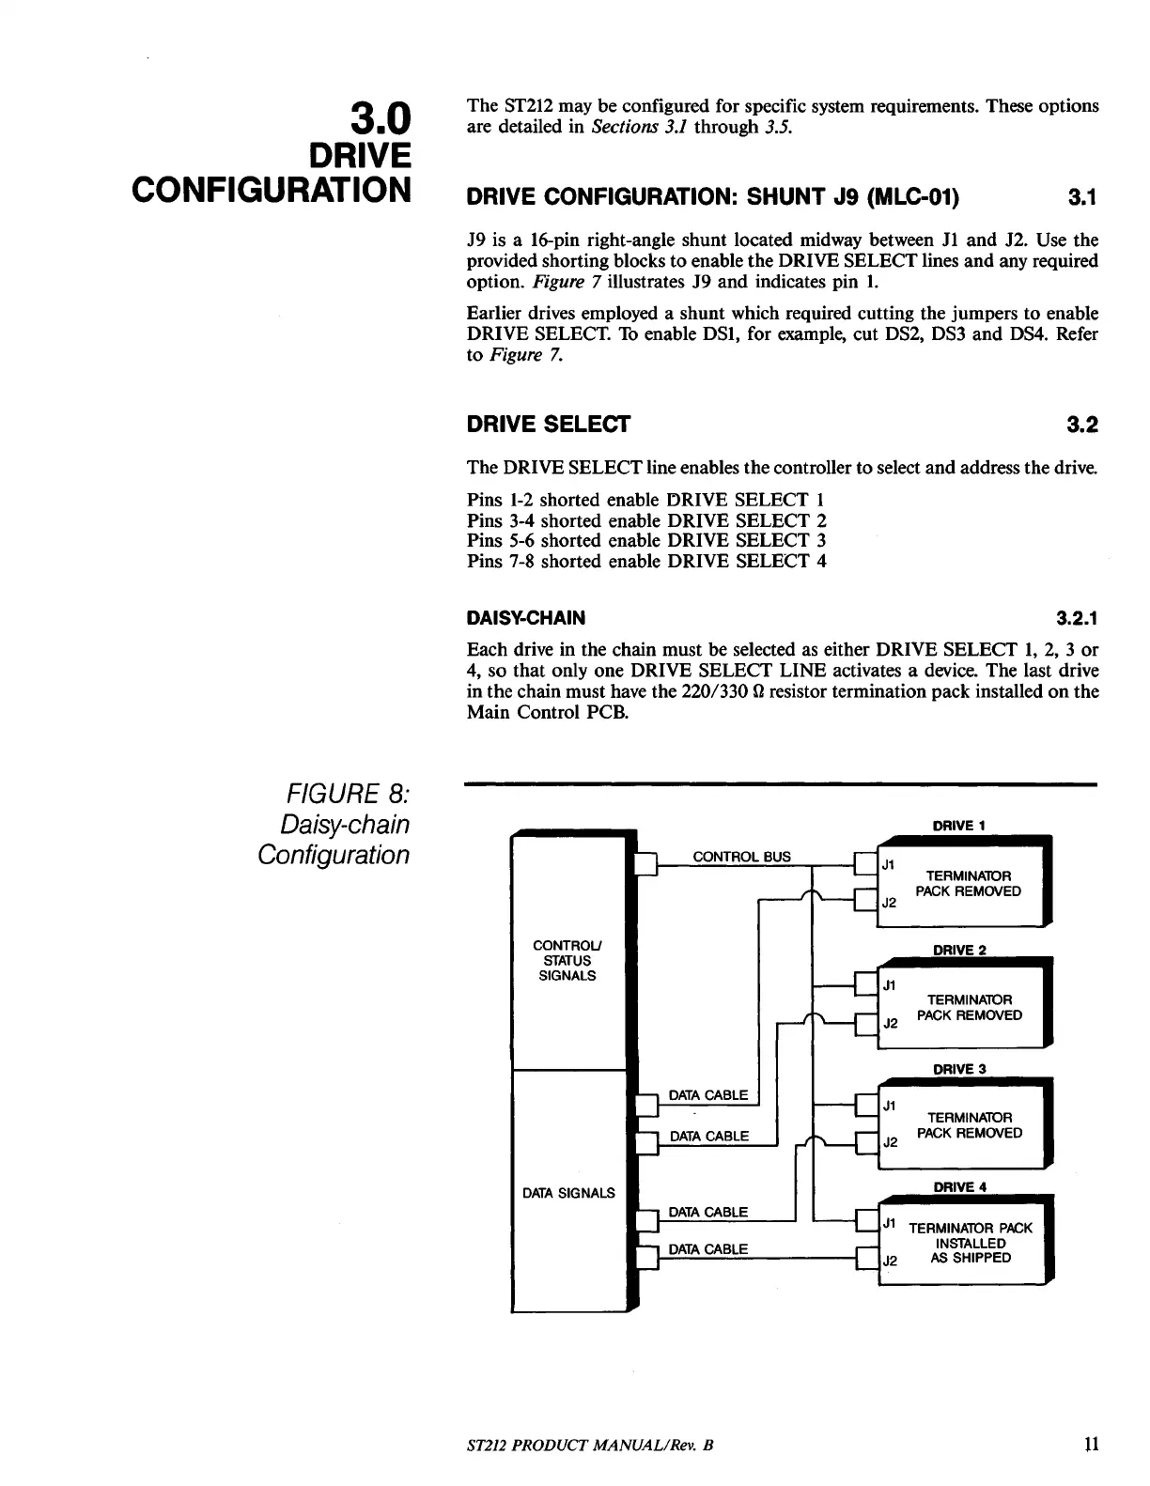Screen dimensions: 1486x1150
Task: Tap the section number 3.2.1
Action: [1077, 618]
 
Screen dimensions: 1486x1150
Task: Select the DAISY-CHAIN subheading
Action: [525, 618]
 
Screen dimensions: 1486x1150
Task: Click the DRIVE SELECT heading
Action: [548, 425]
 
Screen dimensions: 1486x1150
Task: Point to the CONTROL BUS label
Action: [741, 857]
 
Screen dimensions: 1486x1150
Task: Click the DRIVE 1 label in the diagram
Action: [958, 826]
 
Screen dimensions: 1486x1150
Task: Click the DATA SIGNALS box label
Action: [568, 1193]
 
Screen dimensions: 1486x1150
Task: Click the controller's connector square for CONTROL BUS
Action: [645, 862]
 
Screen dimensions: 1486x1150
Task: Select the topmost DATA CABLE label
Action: [707, 1095]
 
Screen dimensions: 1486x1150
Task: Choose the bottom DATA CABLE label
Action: [707, 1249]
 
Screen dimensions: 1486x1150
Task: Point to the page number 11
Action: [1091, 1444]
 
